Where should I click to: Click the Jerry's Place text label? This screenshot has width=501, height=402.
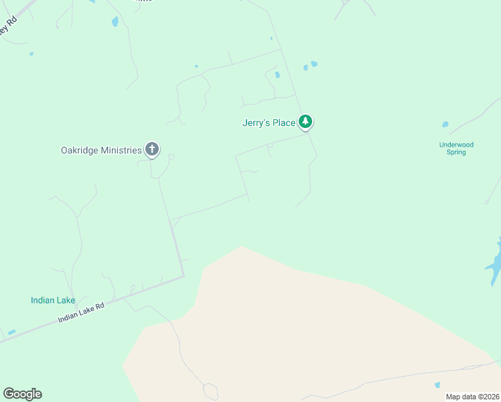point(269,123)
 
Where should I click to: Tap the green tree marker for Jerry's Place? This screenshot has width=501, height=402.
point(306,121)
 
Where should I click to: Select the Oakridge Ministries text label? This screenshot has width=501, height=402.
point(101,150)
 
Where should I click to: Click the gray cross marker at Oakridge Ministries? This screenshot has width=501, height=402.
point(152,149)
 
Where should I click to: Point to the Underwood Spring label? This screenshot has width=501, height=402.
point(456,148)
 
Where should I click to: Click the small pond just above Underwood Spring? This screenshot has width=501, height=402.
point(445,124)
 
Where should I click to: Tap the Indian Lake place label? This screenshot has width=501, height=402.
point(53,300)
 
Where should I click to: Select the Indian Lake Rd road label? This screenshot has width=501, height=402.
point(82,313)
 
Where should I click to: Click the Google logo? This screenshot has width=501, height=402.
point(22,394)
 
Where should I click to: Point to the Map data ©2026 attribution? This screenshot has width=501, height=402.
point(472,397)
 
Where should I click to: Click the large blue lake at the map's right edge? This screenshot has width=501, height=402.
point(494,265)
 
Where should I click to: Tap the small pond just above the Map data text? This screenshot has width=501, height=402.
point(437,385)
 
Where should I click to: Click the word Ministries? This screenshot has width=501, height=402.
point(121,150)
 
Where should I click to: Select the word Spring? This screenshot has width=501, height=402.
point(456,152)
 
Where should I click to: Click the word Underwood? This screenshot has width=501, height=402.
point(456,144)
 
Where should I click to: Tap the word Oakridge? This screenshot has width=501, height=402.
point(80,150)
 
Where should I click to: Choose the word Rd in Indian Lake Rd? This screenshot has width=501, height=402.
point(100,306)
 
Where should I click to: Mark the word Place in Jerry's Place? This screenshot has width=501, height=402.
point(283,123)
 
